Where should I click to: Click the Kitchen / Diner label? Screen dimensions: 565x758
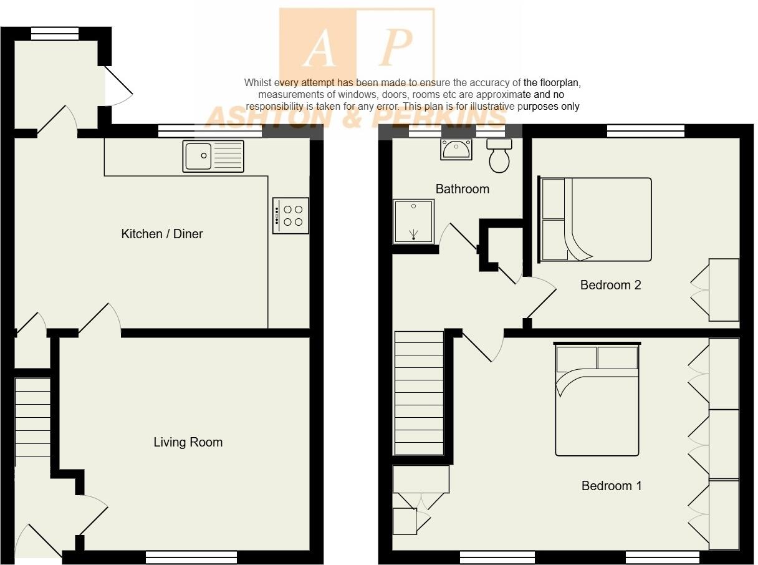pos(162,234)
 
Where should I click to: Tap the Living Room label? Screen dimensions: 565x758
pos(188,442)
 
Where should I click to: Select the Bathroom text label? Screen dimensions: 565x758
pos(462,188)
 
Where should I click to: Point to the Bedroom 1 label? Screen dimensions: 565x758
pos(611,486)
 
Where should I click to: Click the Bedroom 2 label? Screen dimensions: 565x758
pos(610,285)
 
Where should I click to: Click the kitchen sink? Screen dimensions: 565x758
pos(213,156)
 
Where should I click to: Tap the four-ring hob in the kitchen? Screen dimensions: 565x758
pos(290,215)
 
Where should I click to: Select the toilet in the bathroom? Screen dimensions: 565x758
pos(499,155)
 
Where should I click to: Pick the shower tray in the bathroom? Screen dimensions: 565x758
pos(413,221)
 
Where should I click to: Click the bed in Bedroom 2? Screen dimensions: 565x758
pos(595,220)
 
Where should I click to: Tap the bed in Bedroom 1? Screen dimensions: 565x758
pos(597,399)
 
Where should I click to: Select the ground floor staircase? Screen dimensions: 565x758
pos(32,418)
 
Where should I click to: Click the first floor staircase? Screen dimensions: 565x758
pos(418,393)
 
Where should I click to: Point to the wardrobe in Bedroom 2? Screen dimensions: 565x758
pos(723,290)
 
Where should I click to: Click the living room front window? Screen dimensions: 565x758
pos(191,557)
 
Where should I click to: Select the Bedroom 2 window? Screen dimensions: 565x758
pos(645,131)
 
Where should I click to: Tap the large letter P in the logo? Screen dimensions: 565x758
pos(395,47)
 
